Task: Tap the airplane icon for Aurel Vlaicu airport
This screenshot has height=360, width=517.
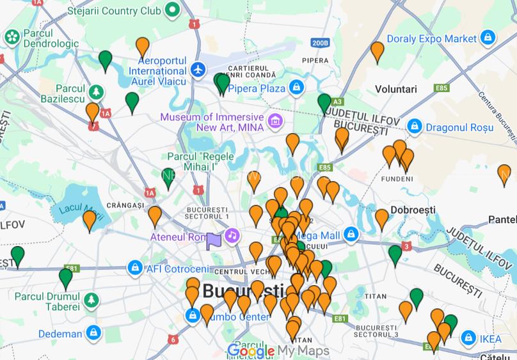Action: (x=199, y=69)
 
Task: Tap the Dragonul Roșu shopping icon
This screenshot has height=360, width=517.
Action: (x=415, y=126)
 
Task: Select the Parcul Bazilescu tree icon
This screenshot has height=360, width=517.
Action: (x=96, y=92)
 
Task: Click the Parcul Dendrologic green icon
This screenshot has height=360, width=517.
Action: (x=12, y=37)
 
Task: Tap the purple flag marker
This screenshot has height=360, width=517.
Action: (x=213, y=240)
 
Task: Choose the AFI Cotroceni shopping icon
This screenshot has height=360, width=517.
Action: (x=135, y=267)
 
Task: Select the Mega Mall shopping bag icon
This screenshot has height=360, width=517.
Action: (x=351, y=234)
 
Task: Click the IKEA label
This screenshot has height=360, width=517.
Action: (x=491, y=338)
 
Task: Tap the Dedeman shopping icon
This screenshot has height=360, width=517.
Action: (x=93, y=333)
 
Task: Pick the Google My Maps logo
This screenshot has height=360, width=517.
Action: (x=278, y=350)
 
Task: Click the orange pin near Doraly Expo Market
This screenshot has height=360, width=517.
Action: (x=378, y=51)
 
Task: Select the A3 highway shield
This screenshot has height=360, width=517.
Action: (x=337, y=102)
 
